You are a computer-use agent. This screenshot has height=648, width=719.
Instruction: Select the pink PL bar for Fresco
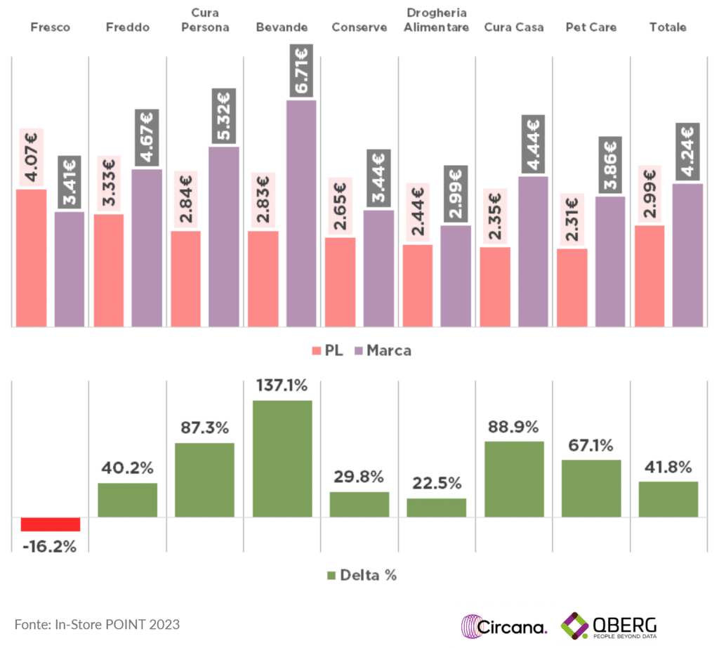[31, 258]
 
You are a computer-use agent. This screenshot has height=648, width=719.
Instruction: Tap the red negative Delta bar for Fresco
[51, 524]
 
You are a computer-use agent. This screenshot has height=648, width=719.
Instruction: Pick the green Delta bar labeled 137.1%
[282, 458]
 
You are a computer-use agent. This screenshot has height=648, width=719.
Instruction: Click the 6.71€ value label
[301, 71]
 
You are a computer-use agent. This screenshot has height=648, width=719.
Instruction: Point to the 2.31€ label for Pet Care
[572, 219]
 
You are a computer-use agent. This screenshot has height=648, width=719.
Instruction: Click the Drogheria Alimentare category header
[437, 20]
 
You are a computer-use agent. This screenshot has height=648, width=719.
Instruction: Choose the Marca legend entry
[383, 350]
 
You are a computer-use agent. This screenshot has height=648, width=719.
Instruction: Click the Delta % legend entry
[362, 575]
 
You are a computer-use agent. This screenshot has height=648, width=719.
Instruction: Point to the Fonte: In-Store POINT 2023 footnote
[97, 624]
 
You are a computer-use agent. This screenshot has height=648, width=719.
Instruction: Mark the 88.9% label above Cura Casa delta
[514, 427]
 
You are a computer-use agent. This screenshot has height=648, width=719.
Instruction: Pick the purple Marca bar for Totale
[687, 255]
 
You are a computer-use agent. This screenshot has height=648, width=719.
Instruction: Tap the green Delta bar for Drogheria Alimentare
[437, 508]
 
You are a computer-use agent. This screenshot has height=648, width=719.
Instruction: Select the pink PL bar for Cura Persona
[185, 279]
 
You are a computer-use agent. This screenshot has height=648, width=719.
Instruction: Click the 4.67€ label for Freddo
[147, 138]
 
